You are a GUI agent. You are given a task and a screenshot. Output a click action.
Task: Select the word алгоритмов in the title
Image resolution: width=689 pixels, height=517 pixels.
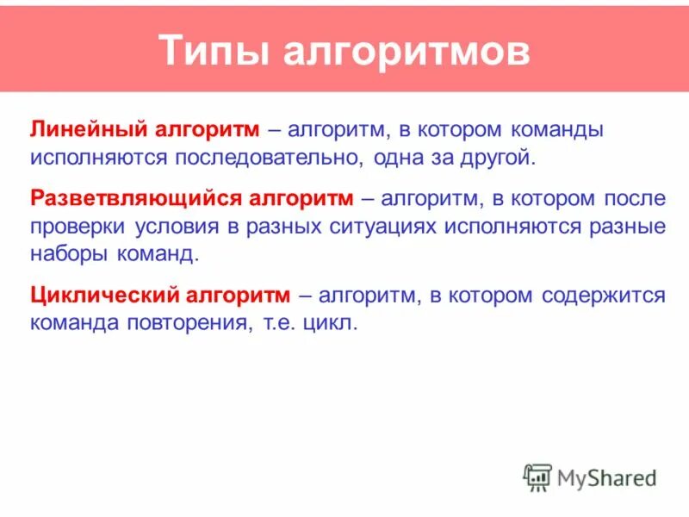tap(407, 51)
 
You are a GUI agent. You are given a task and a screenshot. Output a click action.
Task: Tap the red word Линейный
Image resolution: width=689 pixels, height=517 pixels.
tap(88, 129)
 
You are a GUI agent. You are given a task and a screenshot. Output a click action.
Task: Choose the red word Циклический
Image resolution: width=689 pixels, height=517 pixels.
tap(105, 296)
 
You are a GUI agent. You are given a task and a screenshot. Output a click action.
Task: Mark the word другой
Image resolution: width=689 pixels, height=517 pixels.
tap(494, 159)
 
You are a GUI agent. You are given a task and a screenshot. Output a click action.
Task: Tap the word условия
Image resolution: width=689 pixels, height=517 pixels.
tap(184, 227)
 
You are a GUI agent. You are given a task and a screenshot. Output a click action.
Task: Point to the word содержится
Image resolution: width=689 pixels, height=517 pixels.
tap(604, 296)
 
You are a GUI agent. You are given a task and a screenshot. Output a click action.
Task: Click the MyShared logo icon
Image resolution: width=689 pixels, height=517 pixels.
tap(537, 477)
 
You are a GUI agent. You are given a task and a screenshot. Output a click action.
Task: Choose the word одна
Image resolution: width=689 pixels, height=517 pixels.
tap(404, 159)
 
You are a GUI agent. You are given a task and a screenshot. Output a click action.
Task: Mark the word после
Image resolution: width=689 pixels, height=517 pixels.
tap(634, 198)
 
